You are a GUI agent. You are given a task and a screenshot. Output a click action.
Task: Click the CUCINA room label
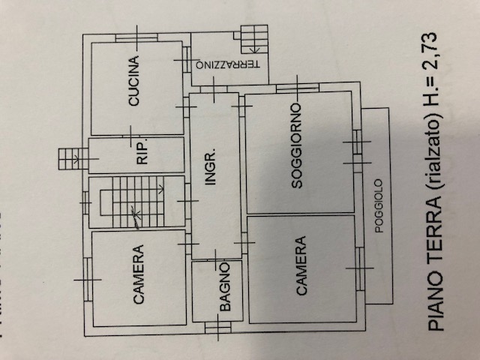pyautogui.click(x=134, y=81)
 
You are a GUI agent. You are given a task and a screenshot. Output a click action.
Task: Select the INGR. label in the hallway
pyautogui.click(x=211, y=166)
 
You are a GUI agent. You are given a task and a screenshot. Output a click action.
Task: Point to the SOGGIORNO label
pyautogui.click(x=296, y=145)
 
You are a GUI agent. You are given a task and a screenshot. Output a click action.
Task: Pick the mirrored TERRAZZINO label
pyautogui.click(x=228, y=64)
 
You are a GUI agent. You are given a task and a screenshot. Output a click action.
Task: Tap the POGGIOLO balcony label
pyautogui.click(x=379, y=206)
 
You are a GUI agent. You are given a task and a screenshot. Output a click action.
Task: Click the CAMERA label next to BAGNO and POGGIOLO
pyautogui.click(x=301, y=265)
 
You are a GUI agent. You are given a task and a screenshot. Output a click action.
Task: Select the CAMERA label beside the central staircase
pyautogui.click(x=139, y=274)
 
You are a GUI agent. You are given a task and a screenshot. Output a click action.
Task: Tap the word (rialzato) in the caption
pyautogui.click(x=434, y=160)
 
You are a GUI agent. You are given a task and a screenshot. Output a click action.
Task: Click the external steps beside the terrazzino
pyautogui.click(x=254, y=39)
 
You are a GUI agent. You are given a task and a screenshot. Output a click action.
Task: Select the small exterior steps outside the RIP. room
pyautogui.click(x=70, y=158)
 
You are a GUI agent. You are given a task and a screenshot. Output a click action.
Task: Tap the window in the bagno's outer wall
pyautogui.click(x=218, y=327)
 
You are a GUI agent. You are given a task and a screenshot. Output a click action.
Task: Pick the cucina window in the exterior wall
pyautogui.click(x=136, y=37)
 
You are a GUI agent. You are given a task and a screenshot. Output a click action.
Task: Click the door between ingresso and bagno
pyautogui.click(x=216, y=259)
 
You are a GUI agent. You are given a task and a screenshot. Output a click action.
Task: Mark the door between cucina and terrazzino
pyautogui.click(x=187, y=60)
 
